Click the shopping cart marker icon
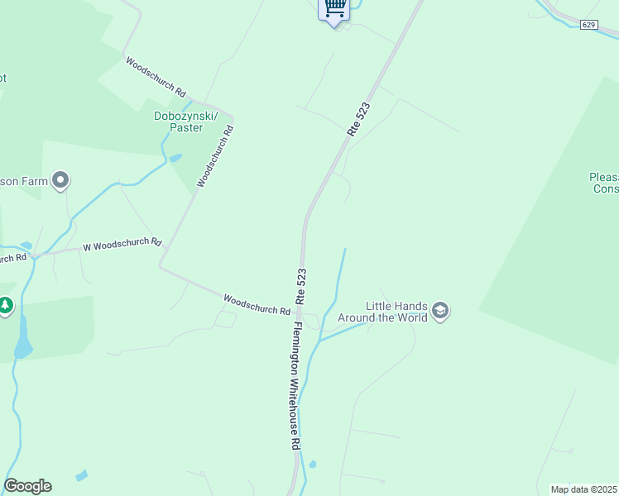click(334, 8)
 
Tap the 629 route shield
click(588, 25)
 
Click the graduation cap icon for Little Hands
click(441, 312)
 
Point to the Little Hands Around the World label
click(397, 312)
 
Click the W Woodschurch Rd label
click(122, 245)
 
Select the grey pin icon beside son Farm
click(60, 179)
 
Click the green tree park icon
click(6, 306)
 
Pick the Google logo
click(27, 486)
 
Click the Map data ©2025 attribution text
click(584, 489)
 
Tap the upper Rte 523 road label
click(358, 119)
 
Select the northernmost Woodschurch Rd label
click(156, 77)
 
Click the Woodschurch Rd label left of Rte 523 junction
click(257, 304)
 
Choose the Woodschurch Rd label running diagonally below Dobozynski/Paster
click(215, 155)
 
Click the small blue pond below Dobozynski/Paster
click(175, 157)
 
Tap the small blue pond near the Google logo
click(80, 476)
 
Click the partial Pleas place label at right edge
click(604, 183)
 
